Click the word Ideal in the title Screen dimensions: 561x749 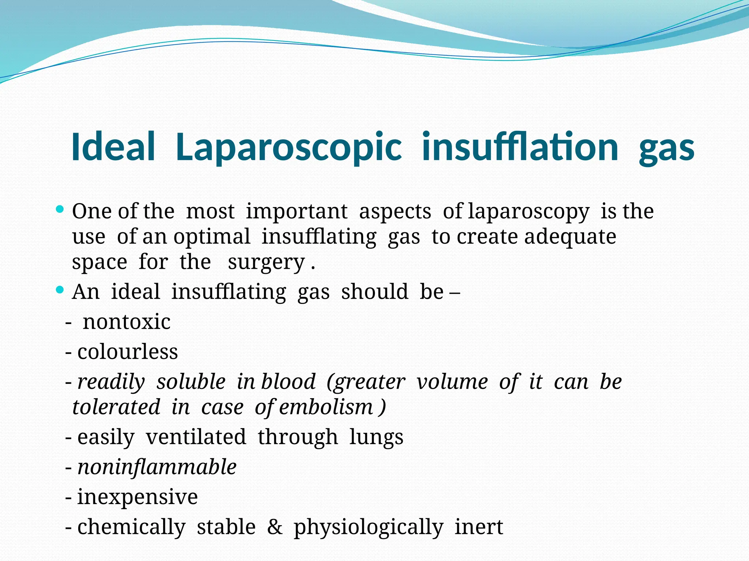click(x=113, y=147)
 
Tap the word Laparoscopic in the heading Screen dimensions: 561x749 click(x=289, y=148)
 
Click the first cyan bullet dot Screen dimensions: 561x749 click(x=60, y=210)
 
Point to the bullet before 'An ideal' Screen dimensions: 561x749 click(x=60, y=291)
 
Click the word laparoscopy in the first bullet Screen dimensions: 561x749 click(x=528, y=212)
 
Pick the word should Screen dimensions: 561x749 click(x=374, y=292)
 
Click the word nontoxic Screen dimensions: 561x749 click(x=127, y=322)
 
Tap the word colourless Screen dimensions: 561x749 click(x=128, y=352)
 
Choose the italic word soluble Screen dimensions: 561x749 click(x=191, y=382)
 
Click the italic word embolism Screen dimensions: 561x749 click(x=326, y=407)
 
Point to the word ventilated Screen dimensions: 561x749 click(x=196, y=437)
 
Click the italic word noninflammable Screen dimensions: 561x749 click(x=157, y=467)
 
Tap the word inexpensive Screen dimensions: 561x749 click(x=138, y=497)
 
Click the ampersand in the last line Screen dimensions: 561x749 click(x=275, y=527)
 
